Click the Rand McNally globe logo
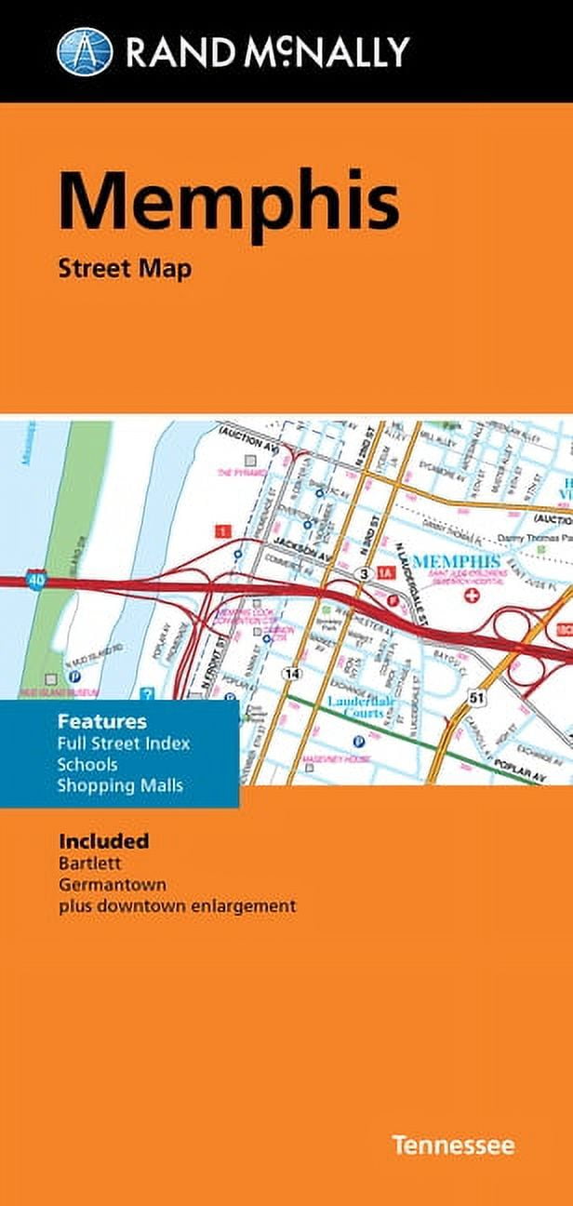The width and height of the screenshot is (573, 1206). [x=85, y=50]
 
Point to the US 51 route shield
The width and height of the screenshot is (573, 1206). [x=476, y=696]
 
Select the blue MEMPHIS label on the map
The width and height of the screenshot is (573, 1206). [x=456, y=561]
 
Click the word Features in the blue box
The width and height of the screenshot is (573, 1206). [x=102, y=720]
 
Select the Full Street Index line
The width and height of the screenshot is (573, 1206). [x=124, y=743]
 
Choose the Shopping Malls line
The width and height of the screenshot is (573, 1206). [x=120, y=785]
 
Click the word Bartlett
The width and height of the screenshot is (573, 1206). [x=87, y=863]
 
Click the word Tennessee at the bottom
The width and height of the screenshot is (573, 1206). [x=452, y=1145]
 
